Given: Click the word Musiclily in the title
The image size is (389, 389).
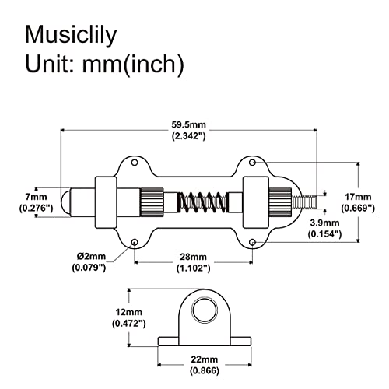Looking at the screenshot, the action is click(x=71, y=36).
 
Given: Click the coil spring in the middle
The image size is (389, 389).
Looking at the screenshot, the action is click(x=202, y=202).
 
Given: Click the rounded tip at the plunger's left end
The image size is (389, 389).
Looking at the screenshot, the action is click(x=66, y=202).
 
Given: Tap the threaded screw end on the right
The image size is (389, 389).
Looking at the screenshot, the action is click(x=304, y=202).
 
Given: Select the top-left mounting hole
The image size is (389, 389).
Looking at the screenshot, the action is click(x=135, y=163).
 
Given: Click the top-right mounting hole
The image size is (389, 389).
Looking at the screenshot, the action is click(x=252, y=163).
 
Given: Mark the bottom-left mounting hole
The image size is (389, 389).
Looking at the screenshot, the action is click(x=135, y=242).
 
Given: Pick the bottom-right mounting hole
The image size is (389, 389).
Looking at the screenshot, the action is click(x=252, y=242).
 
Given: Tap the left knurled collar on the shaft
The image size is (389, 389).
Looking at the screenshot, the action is click(x=152, y=202).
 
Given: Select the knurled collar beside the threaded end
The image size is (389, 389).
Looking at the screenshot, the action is click(x=280, y=202).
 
